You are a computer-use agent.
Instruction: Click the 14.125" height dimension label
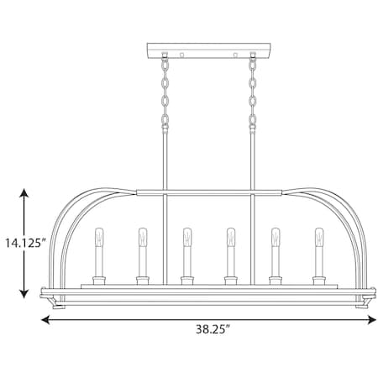point(26,243)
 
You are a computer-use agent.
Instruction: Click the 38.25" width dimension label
point(213,329)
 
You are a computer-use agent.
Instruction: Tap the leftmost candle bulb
point(99,237)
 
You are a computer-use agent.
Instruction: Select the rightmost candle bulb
point(319,237)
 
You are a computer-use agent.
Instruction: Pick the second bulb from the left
point(143,237)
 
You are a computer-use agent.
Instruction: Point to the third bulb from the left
point(187,237)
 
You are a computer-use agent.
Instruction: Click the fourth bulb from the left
point(231,237)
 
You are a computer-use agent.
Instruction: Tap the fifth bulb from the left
point(276,237)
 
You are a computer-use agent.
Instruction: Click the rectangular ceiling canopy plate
point(209,50)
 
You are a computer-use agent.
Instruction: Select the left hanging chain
point(165,92)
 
